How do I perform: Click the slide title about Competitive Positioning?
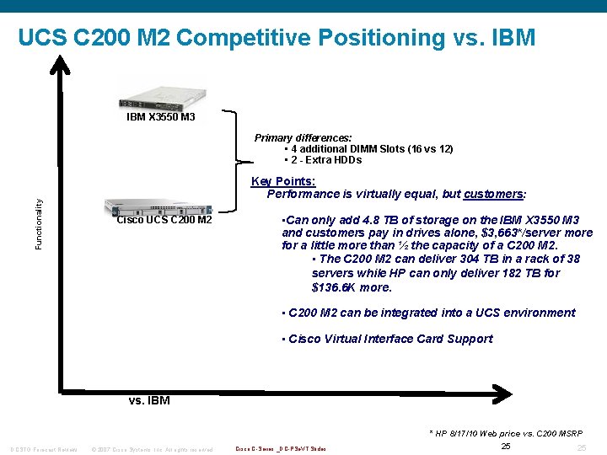276,38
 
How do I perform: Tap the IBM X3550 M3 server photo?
160,92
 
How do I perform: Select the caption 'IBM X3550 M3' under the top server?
160,117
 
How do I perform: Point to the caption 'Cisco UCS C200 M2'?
164,221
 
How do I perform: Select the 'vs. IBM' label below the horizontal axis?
149,400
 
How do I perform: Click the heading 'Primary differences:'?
303,137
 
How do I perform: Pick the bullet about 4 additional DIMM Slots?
368,149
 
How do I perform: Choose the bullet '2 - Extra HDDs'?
323,160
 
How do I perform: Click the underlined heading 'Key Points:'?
283,181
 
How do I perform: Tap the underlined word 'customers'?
493,194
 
